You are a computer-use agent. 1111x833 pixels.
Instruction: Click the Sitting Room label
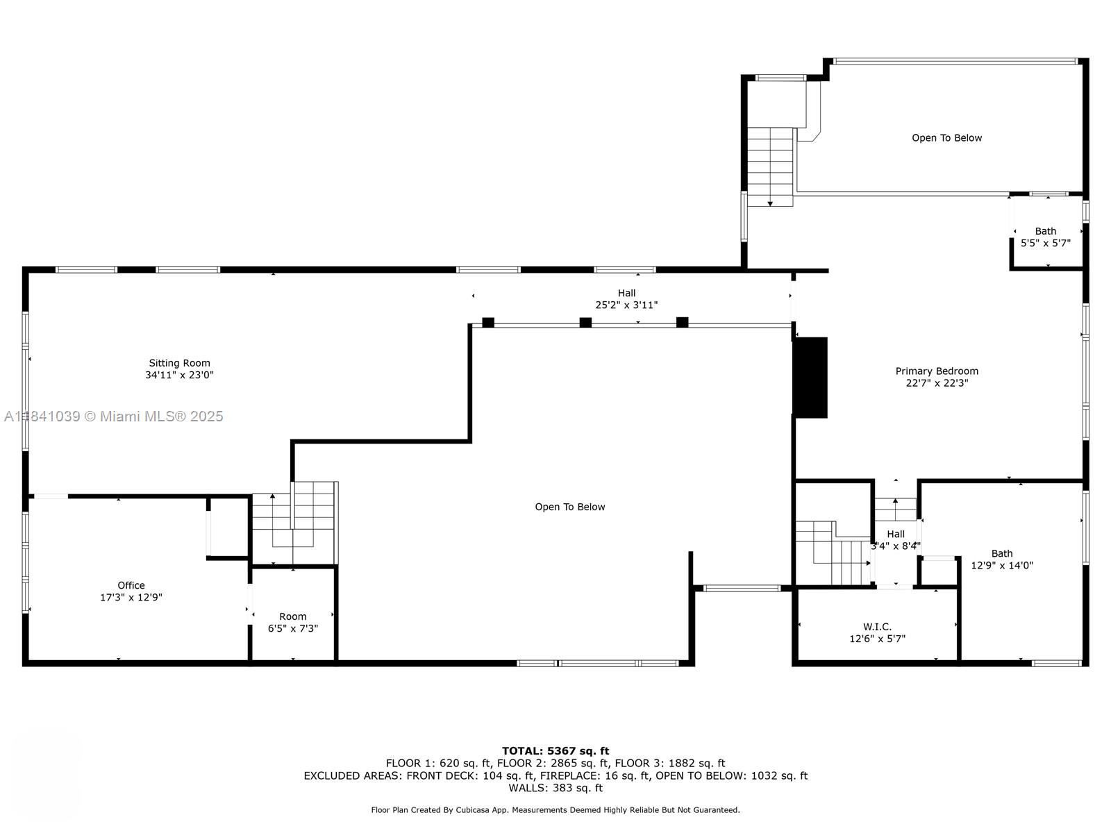[x=179, y=363]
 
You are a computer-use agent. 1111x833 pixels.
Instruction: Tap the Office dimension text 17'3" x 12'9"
[x=131, y=597]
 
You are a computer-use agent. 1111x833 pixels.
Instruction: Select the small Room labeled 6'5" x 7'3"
[x=293, y=622]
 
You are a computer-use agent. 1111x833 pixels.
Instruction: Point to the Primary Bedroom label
[x=937, y=371]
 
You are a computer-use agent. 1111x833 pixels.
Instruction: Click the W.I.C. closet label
[x=877, y=627]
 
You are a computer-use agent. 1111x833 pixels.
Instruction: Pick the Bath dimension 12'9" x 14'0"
[x=1002, y=565]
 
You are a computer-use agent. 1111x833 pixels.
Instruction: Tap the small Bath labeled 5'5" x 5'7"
[x=1045, y=237]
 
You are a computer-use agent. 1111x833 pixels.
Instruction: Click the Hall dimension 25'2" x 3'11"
[x=626, y=305]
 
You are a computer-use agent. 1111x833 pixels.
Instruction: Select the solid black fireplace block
[x=810, y=378]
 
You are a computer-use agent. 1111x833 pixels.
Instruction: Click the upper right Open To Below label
[x=946, y=138]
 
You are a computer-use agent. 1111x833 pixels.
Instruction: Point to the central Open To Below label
[x=569, y=507]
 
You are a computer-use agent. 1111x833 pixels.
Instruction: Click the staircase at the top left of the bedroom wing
[x=770, y=167]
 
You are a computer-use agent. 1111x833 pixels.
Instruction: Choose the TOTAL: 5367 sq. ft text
[x=555, y=750]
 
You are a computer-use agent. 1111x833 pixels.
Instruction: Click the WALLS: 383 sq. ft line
[x=555, y=788]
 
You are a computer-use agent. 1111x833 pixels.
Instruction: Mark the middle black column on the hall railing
[x=585, y=322]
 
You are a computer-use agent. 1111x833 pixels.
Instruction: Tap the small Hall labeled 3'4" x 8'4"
[x=896, y=539]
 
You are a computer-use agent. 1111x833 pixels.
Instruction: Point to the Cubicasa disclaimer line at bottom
[x=555, y=810]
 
